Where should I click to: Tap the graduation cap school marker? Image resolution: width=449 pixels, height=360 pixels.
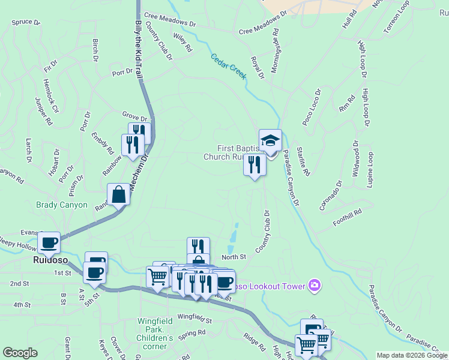click(x=270, y=141)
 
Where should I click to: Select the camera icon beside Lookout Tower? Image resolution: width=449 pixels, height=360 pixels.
click(x=313, y=286)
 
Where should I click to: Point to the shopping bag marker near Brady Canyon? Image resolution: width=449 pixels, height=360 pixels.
click(x=119, y=194)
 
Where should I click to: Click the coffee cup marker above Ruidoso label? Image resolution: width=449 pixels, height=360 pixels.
click(x=49, y=243)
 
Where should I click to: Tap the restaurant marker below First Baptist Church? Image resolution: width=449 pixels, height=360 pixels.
click(x=255, y=164)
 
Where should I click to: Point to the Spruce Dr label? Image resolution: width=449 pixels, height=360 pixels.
click(x=25, y=22)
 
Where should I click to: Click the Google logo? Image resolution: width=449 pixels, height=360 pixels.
click(x=20, y=353)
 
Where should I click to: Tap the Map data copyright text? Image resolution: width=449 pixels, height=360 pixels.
click(x=411, y=355)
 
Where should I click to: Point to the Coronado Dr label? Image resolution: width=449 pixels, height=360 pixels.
click(x=330, y=196)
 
